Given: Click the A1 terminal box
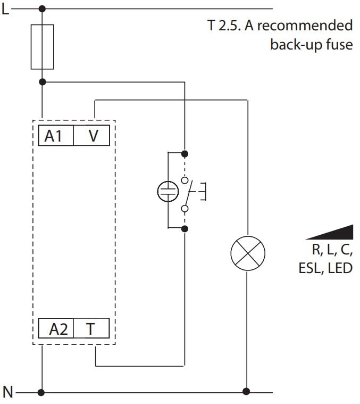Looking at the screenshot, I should pyautogui.click(x=53, y=136).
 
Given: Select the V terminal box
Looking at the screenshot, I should pyautogui.click(x=93, y=136).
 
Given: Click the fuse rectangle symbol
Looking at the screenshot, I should pyautogui.click(x=43, y=46).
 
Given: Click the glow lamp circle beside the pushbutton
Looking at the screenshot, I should pyautogui.click(x=168, y=191).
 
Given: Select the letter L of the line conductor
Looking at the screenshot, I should pyautogui.click(x=5, y=9).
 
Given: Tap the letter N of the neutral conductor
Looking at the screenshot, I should pyautogui.click(x=7, y=393).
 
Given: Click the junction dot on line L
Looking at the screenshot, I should pyautogui.click(x=43, y=9).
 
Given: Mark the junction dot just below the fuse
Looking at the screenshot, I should pyautogui.click(x=43, y=81).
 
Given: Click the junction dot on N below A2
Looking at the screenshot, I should pyautogui.click(x=43, y=393).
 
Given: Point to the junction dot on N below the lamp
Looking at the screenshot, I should pyautogui.click(x=247, y=393).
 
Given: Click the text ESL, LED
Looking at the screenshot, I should pyautogui.click(x=325, y=267).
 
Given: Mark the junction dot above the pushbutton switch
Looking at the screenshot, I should pyautogui.click(x=185, y=154).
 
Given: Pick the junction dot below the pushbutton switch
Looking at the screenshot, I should pyautogui.click(x=185, y=228).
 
